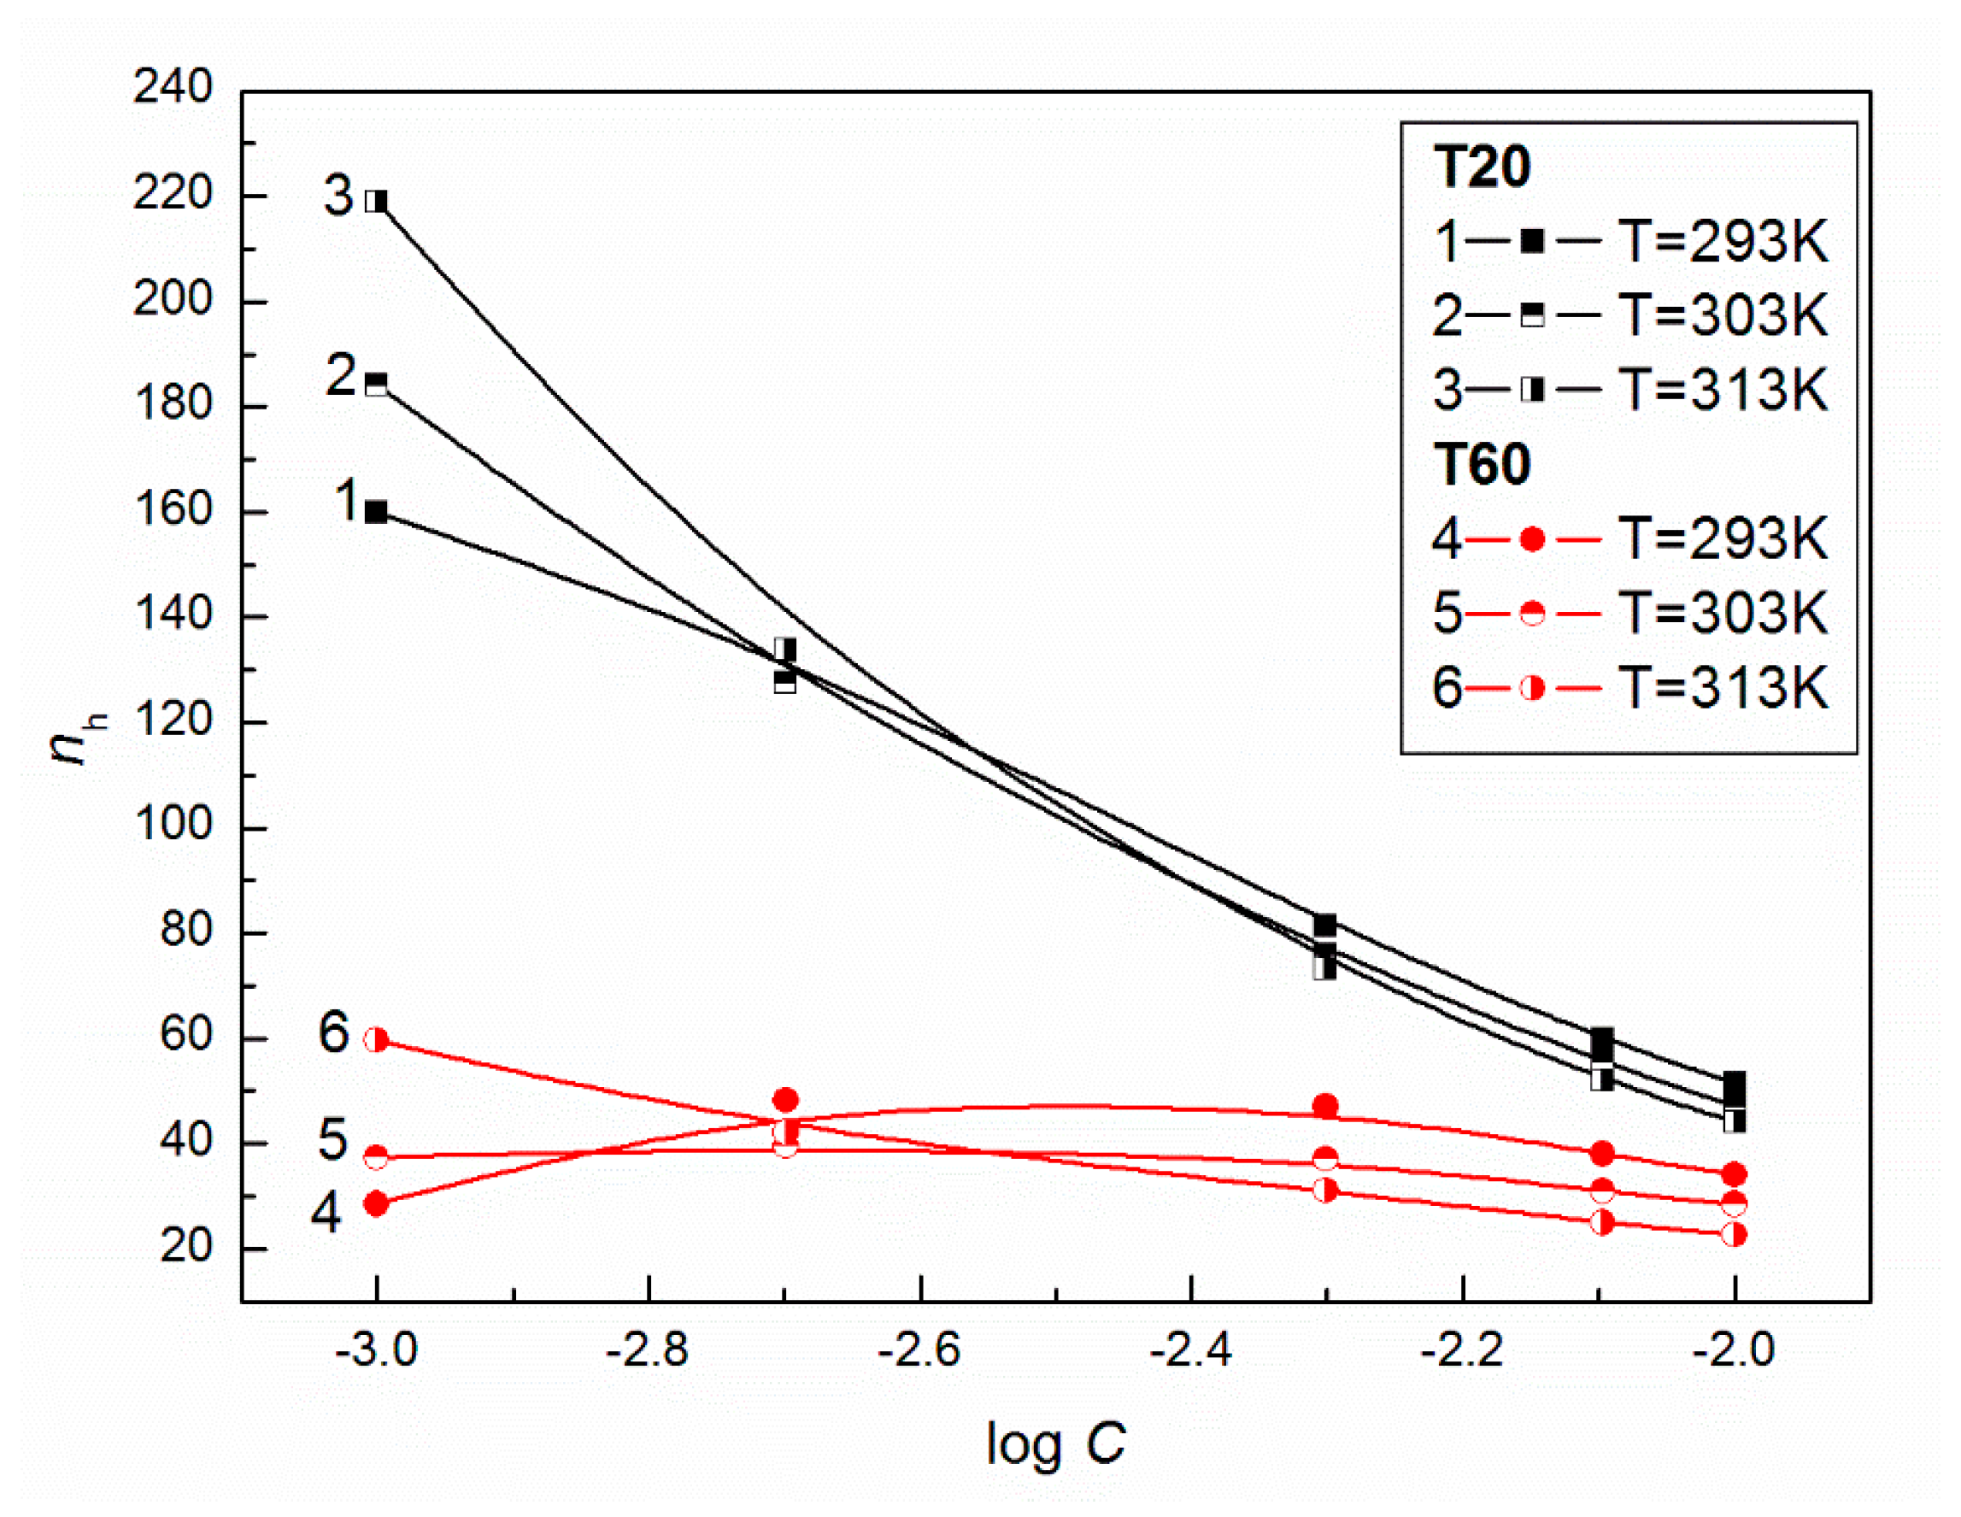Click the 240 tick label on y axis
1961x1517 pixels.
click(173, 88)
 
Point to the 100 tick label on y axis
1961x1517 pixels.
click(173, 824)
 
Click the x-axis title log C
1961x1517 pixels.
click(1055, 1444)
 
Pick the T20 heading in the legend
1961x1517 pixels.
click(1482, 167)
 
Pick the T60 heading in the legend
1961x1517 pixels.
click(1482, 464)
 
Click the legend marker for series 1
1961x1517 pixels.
click(1532, 241)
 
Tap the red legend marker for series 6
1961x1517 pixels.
click(1532, 689)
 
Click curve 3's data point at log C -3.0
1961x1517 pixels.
click(376, 201)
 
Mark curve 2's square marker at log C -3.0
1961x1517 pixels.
click(376, 385)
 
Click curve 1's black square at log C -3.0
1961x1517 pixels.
click(376, 513)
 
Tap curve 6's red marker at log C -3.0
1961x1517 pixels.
click(376, 1040)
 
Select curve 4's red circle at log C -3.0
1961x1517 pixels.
click(376, 1203)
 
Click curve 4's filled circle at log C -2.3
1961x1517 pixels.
click(1324, 1107)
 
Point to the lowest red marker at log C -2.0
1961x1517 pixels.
click(1734, 1234)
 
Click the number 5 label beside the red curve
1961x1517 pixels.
click(332, 1141)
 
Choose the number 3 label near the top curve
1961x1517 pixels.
click(338, 196)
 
